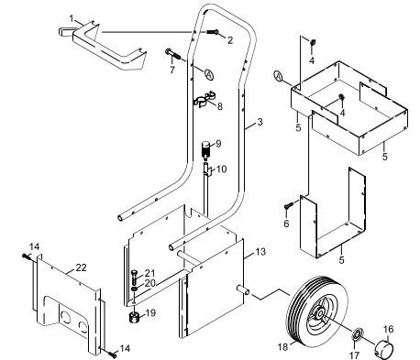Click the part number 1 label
click(72, 19)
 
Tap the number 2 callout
click(230, 41)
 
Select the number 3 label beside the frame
click(260, 122)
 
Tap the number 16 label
click(388, 328)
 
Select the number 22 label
click(81, 267)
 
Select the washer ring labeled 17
click(359, 332)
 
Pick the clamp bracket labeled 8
click(204, 101)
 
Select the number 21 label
click(149, 273)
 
